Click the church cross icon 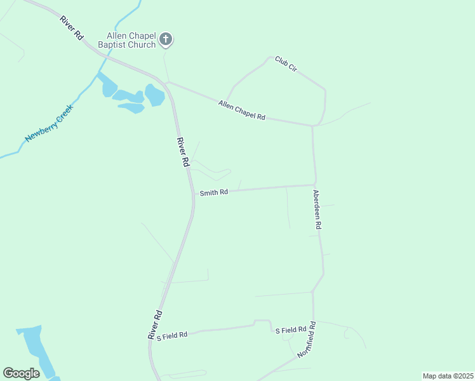tap(166, 39)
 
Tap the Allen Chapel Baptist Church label tap(131, 39)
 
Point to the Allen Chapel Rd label tap(241, 110)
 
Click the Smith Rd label tap(213, 192)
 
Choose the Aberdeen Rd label tap(318, 209)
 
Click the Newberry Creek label tap(50, 123)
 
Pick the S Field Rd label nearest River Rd tap(173, 335)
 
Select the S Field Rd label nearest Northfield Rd tap(290, 330)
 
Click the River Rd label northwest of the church tap(72, 29)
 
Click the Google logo tap(21, 373)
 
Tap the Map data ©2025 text tap(447, 375)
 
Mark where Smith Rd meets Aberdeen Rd tap(316, 185)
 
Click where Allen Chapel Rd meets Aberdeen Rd tap(312, 126)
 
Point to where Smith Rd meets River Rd tap(193, 192)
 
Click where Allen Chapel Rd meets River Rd tap(166, 82)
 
